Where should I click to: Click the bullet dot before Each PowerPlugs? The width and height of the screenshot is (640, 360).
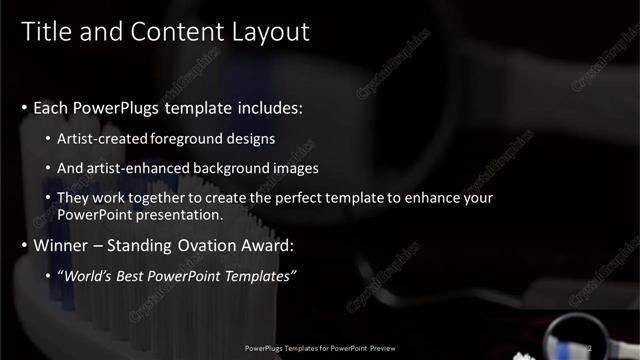[24, 107]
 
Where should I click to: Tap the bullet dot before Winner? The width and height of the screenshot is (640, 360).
[24, 245]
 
